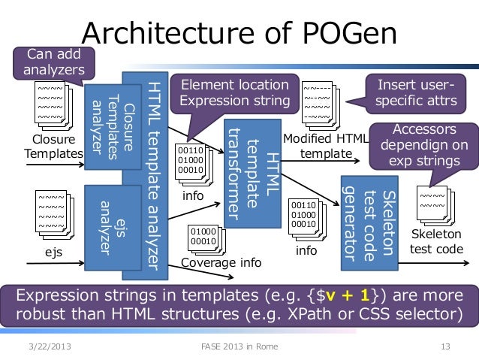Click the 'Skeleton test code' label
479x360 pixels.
click(436, 241)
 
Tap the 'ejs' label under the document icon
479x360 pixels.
click(53, 253)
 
